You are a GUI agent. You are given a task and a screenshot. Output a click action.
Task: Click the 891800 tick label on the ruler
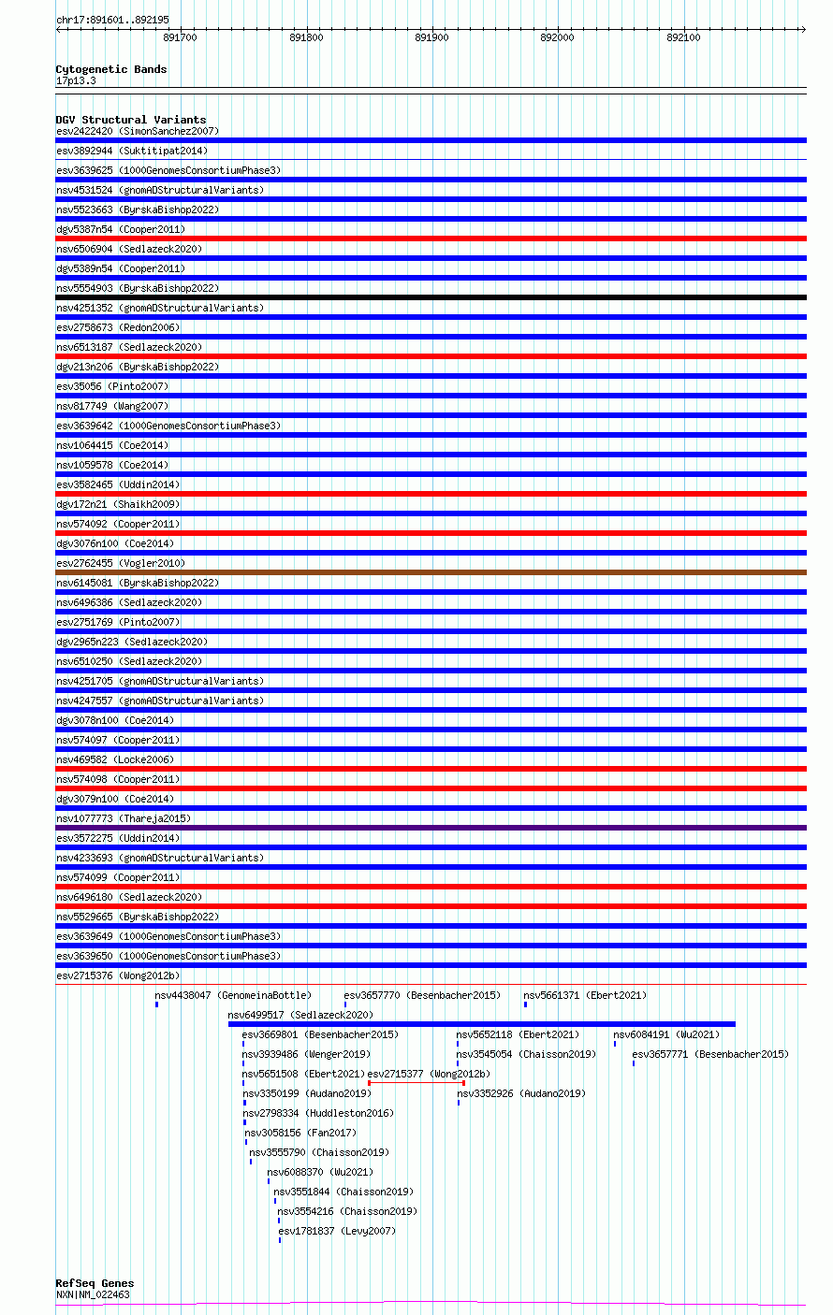pos(306,37)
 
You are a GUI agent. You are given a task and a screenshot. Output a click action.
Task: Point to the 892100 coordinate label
pos(683,37)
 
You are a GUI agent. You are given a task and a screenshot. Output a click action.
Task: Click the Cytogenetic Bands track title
pos(110,69)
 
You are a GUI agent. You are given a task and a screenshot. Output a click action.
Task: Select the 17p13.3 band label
pos(76,81)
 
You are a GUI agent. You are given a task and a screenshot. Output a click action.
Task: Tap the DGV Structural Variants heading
pos(130,120)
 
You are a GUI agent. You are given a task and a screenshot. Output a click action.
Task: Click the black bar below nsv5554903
pos(431,297)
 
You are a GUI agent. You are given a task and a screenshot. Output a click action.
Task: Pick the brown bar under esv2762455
pos(431,572)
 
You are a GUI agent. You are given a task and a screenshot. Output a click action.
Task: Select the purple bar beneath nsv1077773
pos(431,828)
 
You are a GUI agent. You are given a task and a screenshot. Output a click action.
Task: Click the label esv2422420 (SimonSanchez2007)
pos(138,131)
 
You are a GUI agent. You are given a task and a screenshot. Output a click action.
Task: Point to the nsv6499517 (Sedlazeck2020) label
pos(300,1015)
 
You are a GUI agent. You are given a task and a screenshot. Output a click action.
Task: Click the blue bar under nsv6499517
pos(481,1024)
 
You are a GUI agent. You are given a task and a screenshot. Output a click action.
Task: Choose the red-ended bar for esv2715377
pos(416,1083)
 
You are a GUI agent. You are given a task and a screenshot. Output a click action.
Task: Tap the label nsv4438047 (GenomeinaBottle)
pos(233,995)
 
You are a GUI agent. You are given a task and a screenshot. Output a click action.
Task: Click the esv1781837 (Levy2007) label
pos(337,1231)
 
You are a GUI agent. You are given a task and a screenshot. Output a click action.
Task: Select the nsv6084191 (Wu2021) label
pos(666,1034)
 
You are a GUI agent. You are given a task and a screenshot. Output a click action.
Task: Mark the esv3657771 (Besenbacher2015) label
pos(710,1054)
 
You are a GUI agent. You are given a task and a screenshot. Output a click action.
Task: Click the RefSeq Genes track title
pos(95,1283)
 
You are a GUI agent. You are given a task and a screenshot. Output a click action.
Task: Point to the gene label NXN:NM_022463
pos(93,1295)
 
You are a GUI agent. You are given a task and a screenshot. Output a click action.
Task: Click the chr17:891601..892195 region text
pos(112,20)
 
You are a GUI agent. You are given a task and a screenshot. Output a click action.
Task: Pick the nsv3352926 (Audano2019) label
pos(521,1093)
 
